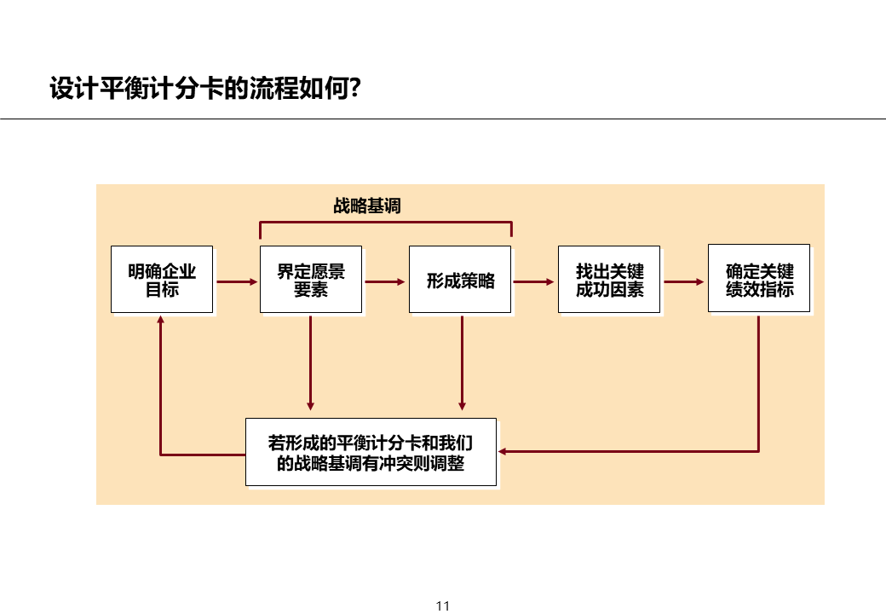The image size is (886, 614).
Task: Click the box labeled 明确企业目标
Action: [162, 280]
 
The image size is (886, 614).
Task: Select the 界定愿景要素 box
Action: [311, 280]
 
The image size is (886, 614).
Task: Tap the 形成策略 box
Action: [460, 280]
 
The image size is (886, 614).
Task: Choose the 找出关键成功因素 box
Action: [609, 280]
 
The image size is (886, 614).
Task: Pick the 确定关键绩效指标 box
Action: [759, 279]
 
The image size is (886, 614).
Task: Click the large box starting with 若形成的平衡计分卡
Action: [371, 452]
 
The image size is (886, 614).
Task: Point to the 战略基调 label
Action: [366, 206]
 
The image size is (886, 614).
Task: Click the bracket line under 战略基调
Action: [385, 222]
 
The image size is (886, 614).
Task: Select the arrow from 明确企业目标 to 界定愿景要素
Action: [237, 281]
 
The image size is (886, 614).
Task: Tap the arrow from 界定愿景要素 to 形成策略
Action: [386, 281]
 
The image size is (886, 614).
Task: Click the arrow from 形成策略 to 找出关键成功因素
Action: [535, 281]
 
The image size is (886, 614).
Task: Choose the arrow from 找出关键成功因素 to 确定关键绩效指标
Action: [685, 281]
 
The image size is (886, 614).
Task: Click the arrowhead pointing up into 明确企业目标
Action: [160, 320]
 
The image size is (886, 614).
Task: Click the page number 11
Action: [442, 606]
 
